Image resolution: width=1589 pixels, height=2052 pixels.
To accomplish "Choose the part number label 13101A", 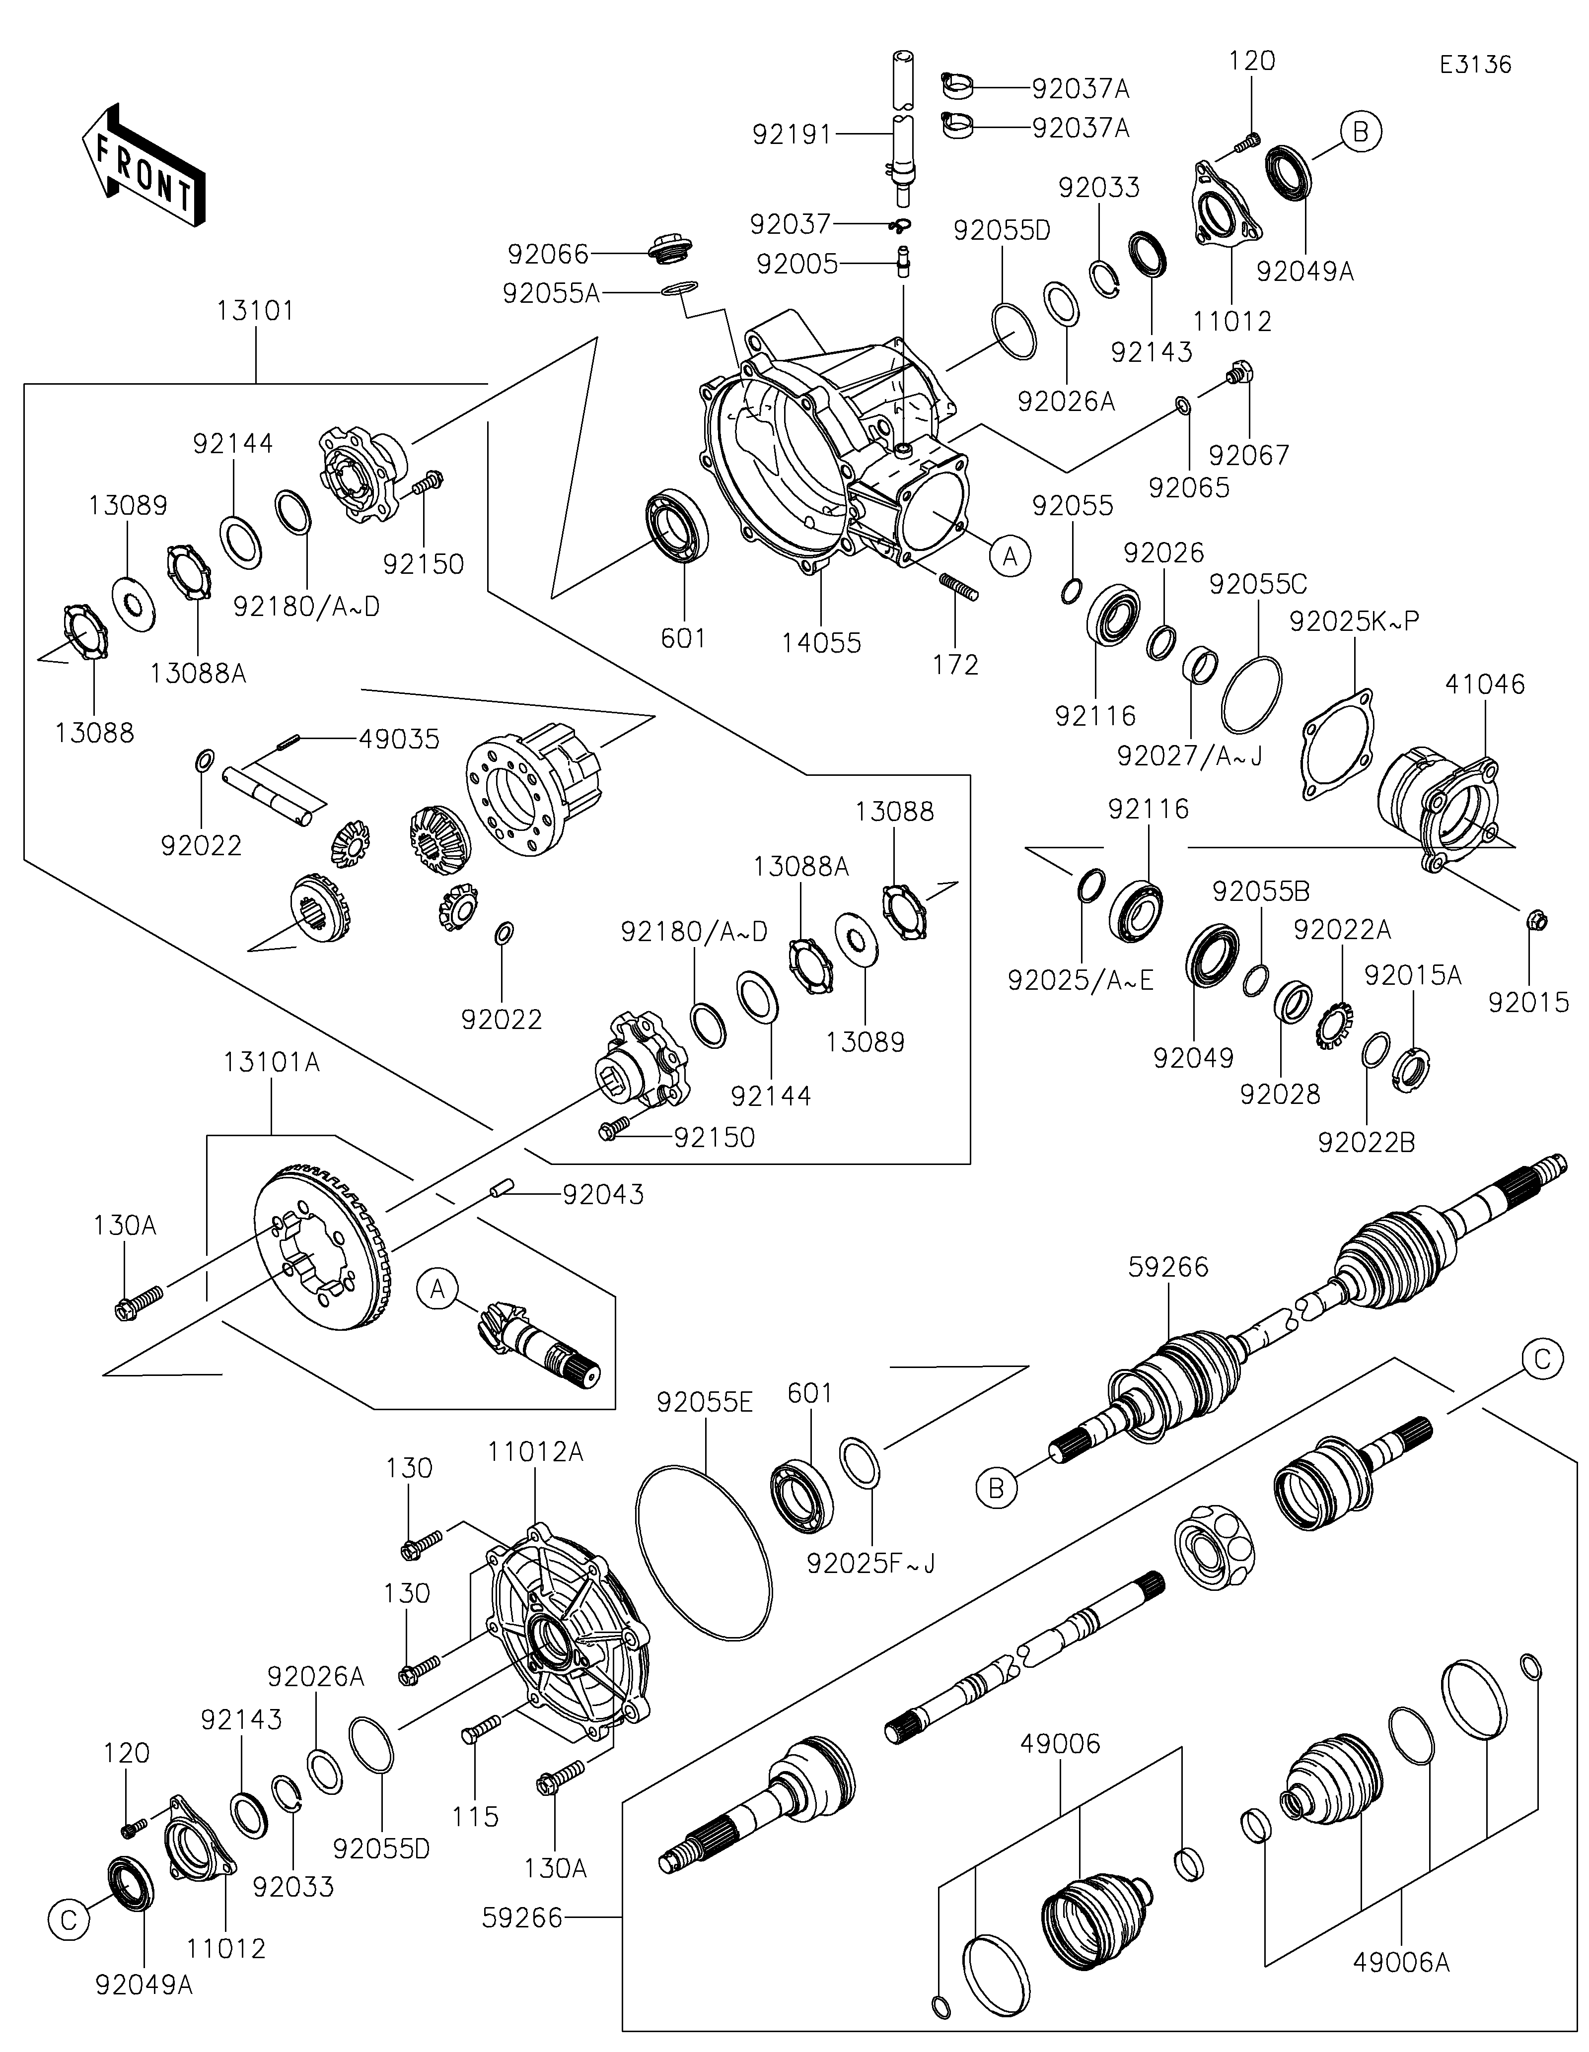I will (272, 1063).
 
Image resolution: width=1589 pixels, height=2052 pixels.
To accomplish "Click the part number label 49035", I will (398, 740).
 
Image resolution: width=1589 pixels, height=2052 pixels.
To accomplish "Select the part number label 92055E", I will (705, 1403).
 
